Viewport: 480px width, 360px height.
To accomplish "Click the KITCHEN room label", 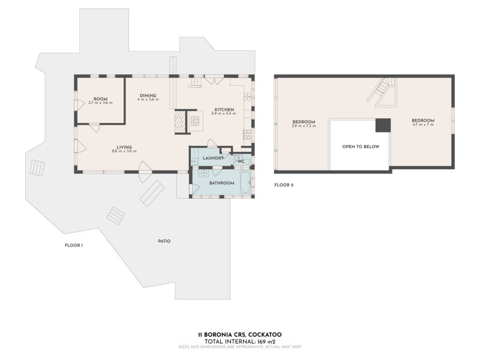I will tap(224, 110).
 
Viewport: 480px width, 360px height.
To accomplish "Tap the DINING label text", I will tap(148, 95).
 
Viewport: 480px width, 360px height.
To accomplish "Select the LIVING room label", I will tap(124, 147).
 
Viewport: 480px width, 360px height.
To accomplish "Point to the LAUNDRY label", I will tap(213, 158).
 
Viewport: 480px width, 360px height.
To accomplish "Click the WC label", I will tap(240, 161).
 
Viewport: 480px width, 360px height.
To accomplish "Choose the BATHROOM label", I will tap(221, 182).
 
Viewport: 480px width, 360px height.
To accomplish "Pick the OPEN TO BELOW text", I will tap(361, 146).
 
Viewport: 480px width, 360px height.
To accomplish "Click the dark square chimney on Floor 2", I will tap(382, 125).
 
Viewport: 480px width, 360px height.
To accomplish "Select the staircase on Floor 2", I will tap(382, 92).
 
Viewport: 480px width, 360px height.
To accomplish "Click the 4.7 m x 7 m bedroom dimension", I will tap(422, 124).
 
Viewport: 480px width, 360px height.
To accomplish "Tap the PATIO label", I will tap(164, 241).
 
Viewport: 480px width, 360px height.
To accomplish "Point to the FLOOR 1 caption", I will tap(73, 245).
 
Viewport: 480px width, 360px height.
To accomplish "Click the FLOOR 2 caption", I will tap(283, 185).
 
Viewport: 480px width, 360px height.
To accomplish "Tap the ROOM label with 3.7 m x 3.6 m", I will tap(100, 99).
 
